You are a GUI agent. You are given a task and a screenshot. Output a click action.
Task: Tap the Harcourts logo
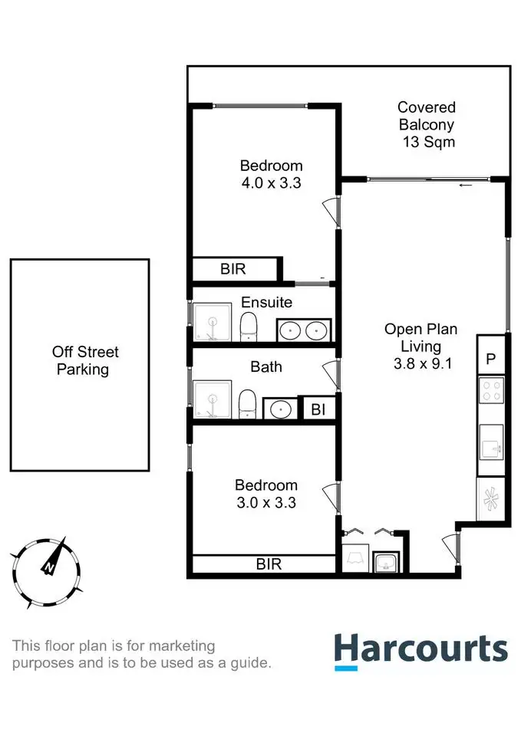coord(420,649)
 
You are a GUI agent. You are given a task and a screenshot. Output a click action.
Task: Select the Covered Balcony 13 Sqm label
coord(427,124)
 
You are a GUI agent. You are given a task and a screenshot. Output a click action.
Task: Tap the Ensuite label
coord(266,302)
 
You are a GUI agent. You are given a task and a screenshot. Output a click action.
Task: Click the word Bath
coord(266,367)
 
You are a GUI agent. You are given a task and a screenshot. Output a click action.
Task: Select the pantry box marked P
coord(491,358)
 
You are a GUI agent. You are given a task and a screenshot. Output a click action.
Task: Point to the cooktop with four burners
coord(491,391)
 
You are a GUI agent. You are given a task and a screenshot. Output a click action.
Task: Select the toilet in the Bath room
coord(247,403)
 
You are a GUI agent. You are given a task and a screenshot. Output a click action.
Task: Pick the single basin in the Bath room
coord(280,409)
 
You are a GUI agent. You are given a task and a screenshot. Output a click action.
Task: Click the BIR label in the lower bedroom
coord(269,565)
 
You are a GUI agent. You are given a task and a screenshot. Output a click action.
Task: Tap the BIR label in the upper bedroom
coord(233,269)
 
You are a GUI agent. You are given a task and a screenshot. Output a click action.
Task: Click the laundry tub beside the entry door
coord(385,563)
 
